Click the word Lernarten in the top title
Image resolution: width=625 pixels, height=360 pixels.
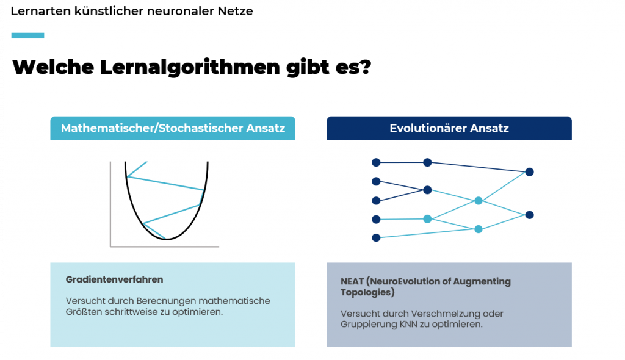[x=36, y=11]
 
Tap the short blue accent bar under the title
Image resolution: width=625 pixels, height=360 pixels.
[x=27, y=35]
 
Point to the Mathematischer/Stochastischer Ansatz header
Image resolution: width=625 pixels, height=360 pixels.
[x=173, y=129]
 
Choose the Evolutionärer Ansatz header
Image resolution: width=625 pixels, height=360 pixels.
[x=449, y=129]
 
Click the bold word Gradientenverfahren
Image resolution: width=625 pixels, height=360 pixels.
[x=114, y=279]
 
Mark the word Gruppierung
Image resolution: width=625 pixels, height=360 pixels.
[x=369, y=325]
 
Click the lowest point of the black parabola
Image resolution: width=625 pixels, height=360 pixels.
[x=167, y=239]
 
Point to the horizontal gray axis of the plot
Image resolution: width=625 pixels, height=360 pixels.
[x=164, y=247]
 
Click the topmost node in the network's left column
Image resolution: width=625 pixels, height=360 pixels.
[x=376, y=162]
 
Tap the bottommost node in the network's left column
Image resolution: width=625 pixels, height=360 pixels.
[x=376, y=237]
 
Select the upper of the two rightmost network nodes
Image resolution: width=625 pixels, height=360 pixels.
[x=529, y=172]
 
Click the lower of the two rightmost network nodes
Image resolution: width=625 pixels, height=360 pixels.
[x=529, y=215]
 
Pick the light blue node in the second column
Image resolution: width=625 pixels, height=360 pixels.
[x=427, y=219]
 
